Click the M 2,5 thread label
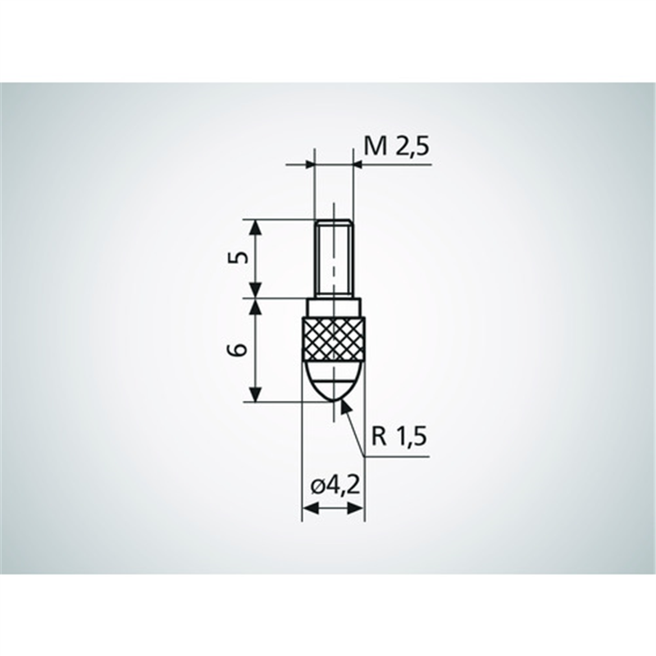[397, 147]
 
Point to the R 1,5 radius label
[399, 437]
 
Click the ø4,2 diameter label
[335, 485]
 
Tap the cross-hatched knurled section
[333, 339]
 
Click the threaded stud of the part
[334, 258]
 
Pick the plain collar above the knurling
[334, 308]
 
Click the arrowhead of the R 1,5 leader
[345, 407]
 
